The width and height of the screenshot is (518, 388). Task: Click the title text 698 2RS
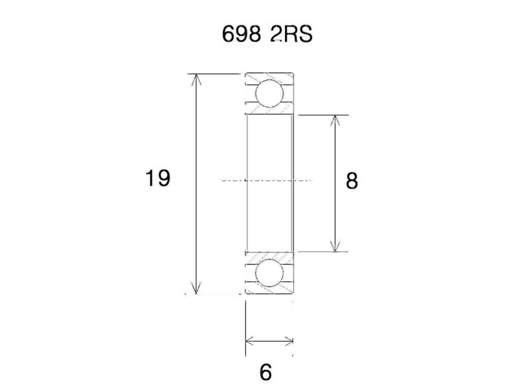(267, 34)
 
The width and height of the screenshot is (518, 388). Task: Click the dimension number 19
(157, 178)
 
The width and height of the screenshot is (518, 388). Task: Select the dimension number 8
(352, 180)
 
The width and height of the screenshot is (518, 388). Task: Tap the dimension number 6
(265, 372)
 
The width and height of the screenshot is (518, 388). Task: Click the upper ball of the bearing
(268, 94)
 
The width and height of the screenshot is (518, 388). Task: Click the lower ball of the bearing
(268, 274)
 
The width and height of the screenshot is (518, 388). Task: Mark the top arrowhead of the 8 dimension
(335, 120)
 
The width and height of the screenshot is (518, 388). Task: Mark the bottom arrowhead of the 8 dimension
(335, 246)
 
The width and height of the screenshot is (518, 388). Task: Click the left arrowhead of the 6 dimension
(250, 341)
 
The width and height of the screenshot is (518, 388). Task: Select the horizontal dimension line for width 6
(269, 341)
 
